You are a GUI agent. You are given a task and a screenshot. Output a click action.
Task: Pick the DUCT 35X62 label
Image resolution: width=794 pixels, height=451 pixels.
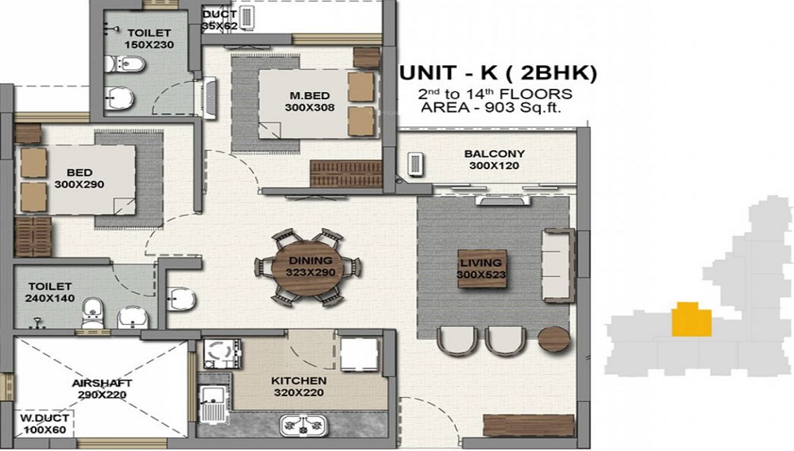click(x=219, y=20)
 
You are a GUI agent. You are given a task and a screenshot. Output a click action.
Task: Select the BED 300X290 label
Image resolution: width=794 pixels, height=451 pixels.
click(x=79, y=179)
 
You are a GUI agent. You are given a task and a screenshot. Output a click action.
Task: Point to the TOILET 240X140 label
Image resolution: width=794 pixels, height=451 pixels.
click(x=50, y=291)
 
